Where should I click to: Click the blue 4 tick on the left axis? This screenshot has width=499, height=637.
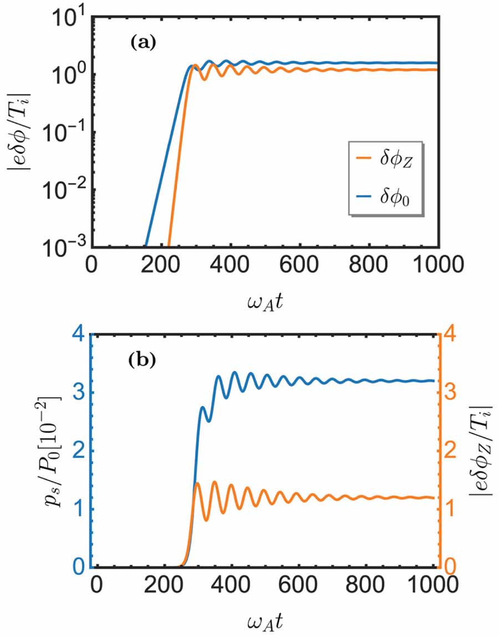click(80, 335)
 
